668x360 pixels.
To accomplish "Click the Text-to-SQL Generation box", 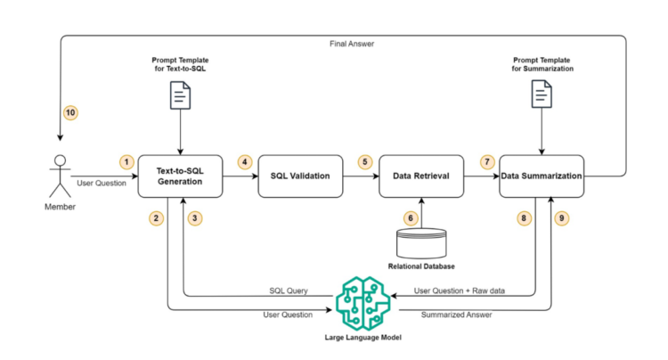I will (x=180, y=176).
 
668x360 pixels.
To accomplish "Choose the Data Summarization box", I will (x=541, y=176).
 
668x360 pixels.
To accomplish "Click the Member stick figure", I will (x=60, y=176).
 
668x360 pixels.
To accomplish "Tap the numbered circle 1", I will (x=128, y=161).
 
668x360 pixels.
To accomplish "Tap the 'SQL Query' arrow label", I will (x=289, y=289).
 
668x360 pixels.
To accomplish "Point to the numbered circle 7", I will (x=486, y=161).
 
